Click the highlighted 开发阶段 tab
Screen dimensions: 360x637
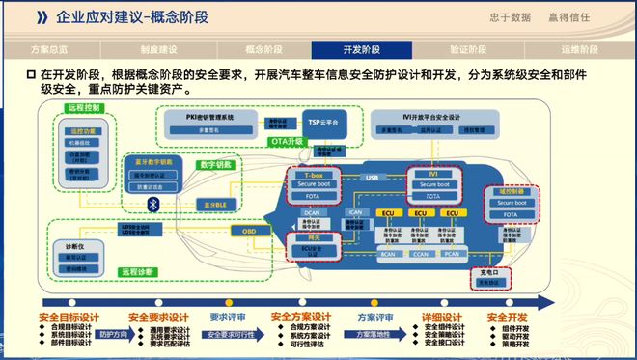point(362,48)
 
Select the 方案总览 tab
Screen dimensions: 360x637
point(50,48)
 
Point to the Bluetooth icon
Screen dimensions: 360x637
point(152,203)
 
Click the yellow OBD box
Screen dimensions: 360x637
point(249,232)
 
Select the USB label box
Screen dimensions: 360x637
point(372,178)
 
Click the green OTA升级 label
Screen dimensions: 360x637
point(287,141)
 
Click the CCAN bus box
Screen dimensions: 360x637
point(419,255)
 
